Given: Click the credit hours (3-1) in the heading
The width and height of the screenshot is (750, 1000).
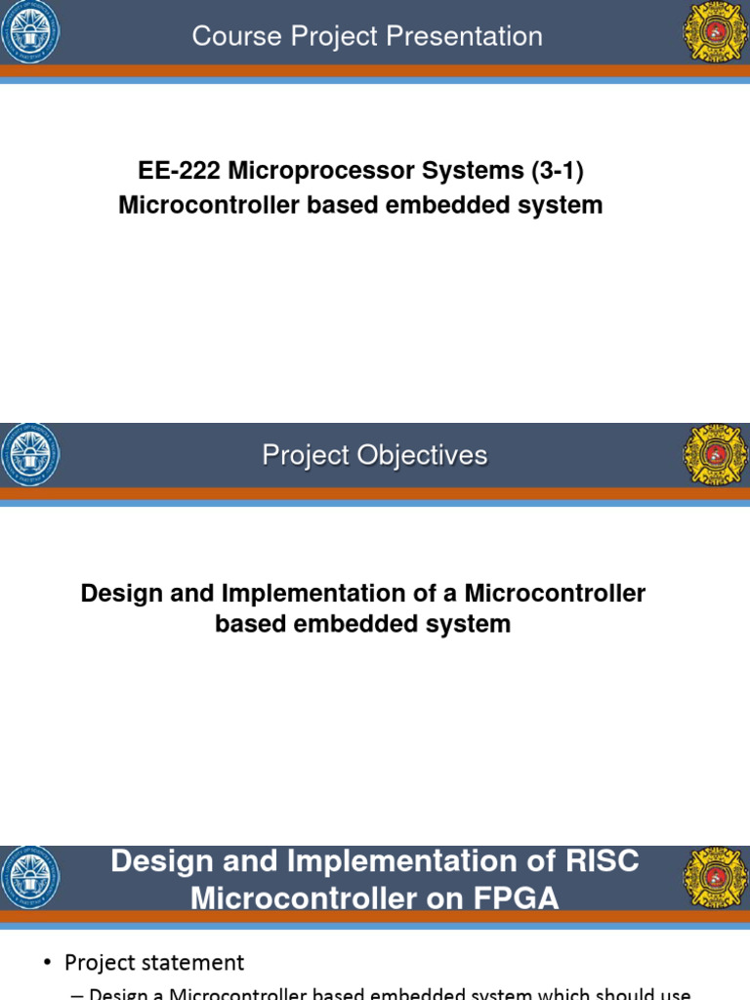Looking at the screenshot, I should [x=557, y=171].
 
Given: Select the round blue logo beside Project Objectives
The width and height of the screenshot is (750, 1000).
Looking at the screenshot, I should [x=30, y=455].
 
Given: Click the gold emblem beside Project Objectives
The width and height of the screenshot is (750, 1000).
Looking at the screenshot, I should [x=715, y=455].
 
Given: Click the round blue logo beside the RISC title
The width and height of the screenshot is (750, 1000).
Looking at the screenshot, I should [x=30, y=878].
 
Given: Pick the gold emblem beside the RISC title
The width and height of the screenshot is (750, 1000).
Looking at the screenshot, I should [x=715, y=878].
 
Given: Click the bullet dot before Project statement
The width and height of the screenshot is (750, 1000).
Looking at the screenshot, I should [x=47, y=964].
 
